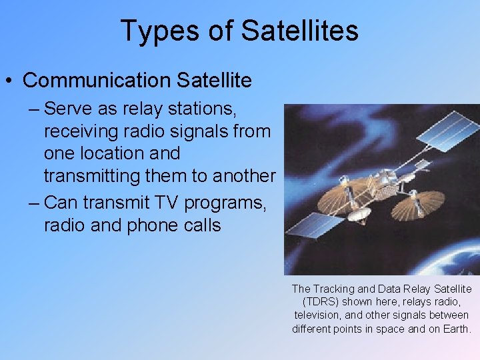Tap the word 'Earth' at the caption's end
pyautogui.click(x=455, y=329)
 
